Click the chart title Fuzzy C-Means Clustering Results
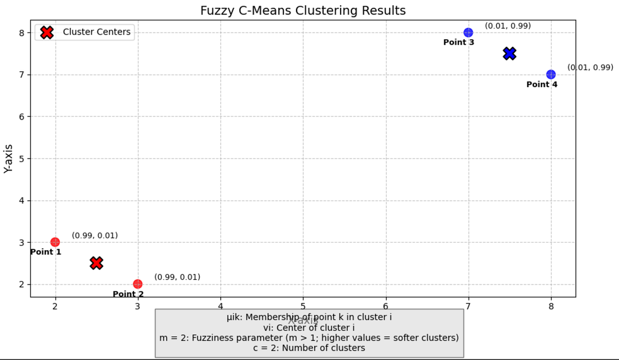click(x=303, y=10)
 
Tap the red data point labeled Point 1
click(x=55, y=242)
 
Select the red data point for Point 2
click(x=138, y=284)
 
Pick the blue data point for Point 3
click(x=468, y=32)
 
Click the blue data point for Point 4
click(x=551, y=74)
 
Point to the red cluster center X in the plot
click(x=96, y=263)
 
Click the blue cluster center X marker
click(x=510, y=53)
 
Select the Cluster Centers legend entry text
click(x=96, y=32)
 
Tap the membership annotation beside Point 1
click(x=95, y=235)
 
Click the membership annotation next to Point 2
click(x=177, y=277)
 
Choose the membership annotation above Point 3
click(x=508, y=26)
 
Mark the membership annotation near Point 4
click(x=590, y=67)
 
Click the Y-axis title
click(x=9, y=158)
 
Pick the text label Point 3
click(x=459, y=42)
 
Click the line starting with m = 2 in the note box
click(x=309, y=337)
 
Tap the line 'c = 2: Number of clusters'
click(x=309, y=348)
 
